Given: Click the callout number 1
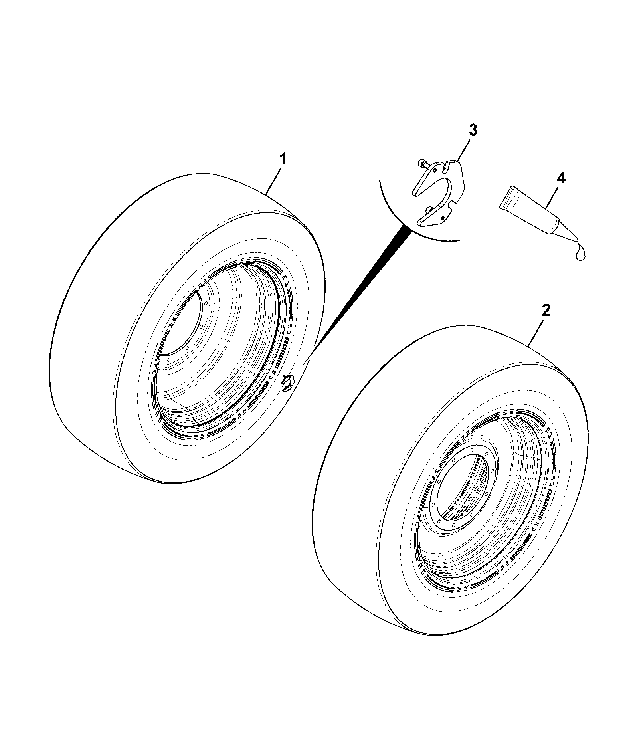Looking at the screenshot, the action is [283, 159].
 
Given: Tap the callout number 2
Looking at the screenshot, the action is [546, 310].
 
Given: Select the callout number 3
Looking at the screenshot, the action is [473, 130].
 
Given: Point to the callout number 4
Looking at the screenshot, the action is [561, 178].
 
